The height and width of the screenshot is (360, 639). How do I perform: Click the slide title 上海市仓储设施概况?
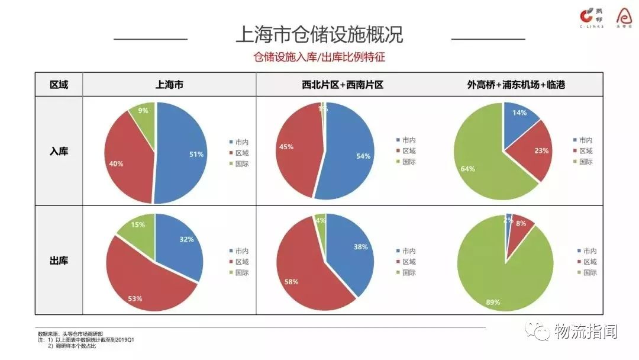click(x=319, y=35)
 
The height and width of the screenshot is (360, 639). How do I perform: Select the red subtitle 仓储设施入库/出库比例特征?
click(x=319, y=57)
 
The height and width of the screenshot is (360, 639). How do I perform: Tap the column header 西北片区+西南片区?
click(x=343, y=85)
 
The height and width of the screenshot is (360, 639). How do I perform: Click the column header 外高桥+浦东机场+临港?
click(x=516, y=85)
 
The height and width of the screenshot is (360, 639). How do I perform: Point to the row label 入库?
click(x=59, y=151)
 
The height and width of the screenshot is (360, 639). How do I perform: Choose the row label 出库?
click(x=59, y=259)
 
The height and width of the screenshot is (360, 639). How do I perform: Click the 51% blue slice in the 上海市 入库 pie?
click(x=183, y=154)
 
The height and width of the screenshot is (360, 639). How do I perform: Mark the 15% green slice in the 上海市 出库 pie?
click(x=137, y=228)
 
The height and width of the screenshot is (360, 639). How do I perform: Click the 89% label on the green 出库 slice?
click(x=493, y=302)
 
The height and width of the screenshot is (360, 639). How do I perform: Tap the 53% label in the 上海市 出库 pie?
click(x=135, y=298)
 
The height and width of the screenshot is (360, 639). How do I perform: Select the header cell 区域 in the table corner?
click(x=59, y=85)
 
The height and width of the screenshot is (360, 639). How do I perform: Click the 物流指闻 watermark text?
click(x=586, y=332)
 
